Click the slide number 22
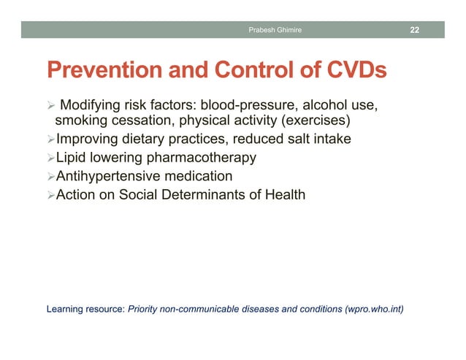click(414, 29)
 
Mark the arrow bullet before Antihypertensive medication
click(50, 177)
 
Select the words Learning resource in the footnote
click(85, 309)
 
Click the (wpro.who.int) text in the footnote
click(372, 309)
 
